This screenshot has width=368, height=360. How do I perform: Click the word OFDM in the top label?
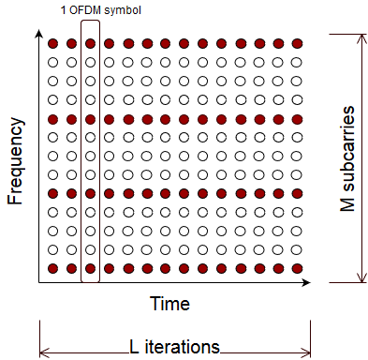coord(85,10)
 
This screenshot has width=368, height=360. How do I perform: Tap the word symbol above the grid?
coord(123,11)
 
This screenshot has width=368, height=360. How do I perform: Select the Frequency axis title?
coord(15,161)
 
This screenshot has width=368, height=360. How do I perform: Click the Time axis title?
coord(169,304)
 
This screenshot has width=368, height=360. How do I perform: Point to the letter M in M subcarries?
coord(347,202)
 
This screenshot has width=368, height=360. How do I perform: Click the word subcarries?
coord(347,148)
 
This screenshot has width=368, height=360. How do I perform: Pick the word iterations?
coord(183,347)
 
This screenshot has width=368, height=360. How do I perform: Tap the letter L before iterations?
coord(134,347)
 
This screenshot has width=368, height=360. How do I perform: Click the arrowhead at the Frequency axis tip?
coord(38,33)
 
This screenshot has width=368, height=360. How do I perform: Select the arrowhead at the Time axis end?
coord(307,282)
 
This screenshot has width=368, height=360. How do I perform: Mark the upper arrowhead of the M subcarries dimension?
coord(361,37)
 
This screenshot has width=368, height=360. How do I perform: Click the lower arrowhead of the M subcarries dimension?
coord(361,278)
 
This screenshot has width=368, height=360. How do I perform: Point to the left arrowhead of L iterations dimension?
coord(45,353)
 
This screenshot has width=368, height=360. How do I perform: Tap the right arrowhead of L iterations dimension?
coord(306,353)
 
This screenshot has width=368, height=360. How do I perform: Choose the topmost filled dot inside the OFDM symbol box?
coord(90,43)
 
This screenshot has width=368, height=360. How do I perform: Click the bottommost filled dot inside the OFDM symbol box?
coord(90,268)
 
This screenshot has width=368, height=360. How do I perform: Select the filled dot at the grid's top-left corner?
coord(53,43)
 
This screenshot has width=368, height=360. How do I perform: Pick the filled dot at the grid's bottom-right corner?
coord(297,268)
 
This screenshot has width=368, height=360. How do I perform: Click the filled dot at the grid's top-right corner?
coord(297,43)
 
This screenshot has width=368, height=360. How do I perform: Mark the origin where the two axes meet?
coord(38,282)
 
